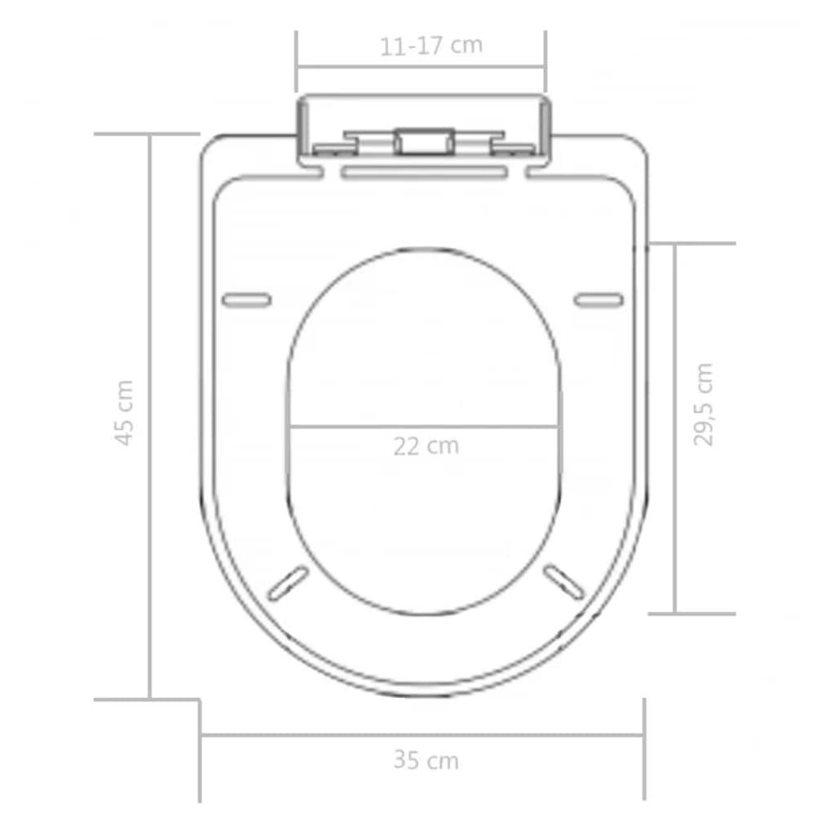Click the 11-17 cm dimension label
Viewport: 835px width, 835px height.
click(431, 46)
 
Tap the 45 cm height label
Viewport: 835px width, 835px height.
click(124, 413)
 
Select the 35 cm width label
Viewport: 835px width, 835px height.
click(426, 760)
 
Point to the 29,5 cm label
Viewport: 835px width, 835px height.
click(704, 404)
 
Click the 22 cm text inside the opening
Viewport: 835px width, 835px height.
click(426, 446)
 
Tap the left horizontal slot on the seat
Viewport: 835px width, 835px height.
click(246, 300)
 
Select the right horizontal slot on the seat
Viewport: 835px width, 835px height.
click(599, 300)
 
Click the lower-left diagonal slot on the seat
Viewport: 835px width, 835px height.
click(288, 583)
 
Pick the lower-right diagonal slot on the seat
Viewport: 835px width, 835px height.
click(564, 581)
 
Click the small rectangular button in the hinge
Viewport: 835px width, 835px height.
click(424, 142)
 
